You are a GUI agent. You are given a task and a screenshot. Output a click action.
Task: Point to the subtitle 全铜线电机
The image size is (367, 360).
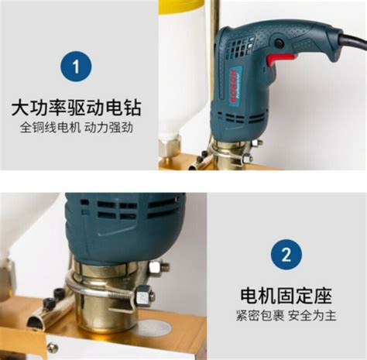click(45, 128)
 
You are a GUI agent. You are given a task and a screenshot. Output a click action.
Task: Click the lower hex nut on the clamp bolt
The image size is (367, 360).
click(144, 294)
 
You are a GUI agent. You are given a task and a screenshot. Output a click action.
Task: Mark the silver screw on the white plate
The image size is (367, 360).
click(53, 347)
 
